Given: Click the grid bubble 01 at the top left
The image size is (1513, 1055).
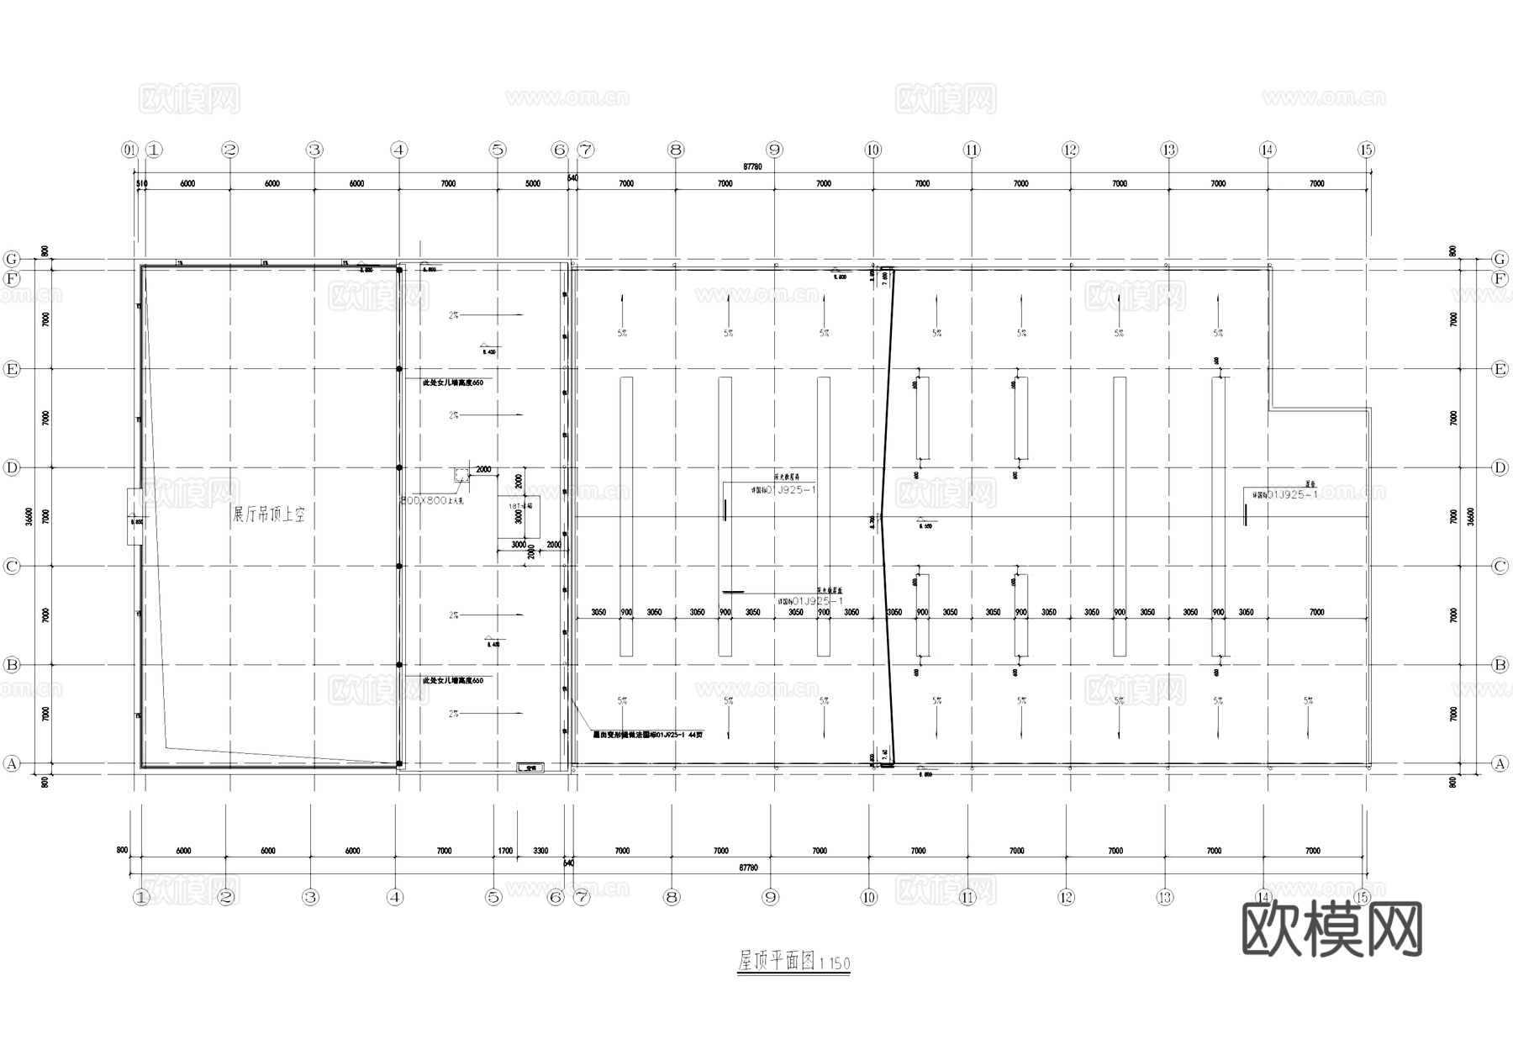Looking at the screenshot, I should pos(129,150).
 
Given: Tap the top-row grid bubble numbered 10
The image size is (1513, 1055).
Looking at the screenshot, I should pos(872,150).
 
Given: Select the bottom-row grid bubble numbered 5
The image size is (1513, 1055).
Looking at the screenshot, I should pos(493,897).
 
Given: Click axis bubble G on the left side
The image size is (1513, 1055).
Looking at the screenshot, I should pos(12,258).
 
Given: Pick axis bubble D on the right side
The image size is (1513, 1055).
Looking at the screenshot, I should pos(1500,467).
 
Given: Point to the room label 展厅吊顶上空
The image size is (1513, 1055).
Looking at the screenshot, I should pos(268,514).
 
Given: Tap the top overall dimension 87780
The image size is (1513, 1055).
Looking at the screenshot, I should pos(752,167).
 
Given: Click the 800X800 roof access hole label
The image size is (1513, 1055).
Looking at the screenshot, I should pos(432,500).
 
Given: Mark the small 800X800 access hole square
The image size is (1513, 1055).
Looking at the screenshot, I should pos(461,476).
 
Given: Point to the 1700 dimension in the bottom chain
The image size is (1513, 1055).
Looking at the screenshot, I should pos(505,851).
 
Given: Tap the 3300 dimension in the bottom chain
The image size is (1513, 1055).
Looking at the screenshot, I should pos(540,851).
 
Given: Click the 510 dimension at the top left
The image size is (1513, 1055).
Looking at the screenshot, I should pos(140,183).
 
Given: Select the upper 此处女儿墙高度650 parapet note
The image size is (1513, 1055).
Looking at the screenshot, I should pos(453,382).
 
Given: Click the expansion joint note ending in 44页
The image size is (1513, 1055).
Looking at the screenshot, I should pos(647,735).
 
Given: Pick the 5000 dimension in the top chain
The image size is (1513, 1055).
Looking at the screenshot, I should pos(533,183).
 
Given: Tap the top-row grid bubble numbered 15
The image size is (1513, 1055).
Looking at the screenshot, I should pos(1366,150).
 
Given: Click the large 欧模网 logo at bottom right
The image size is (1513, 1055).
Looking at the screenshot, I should pos(1332,928).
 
